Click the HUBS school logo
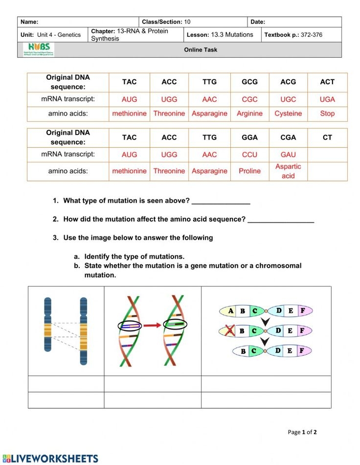point(39,49)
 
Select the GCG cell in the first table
point(249,82)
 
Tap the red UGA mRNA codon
point(327,99)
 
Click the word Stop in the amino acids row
point(327,114)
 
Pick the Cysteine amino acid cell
point(288,114)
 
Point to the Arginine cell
point(249,114)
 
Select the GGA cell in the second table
point(249,138)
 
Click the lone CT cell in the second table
point(327,138)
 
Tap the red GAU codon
point(288,155)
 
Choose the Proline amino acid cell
point(249,171)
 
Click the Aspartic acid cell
point(288,171)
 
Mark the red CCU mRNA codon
point(249,155)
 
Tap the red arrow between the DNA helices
point(152,325)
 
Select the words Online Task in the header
point(201,50)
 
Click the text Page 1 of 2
point(302,432)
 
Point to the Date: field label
point(258,22)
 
